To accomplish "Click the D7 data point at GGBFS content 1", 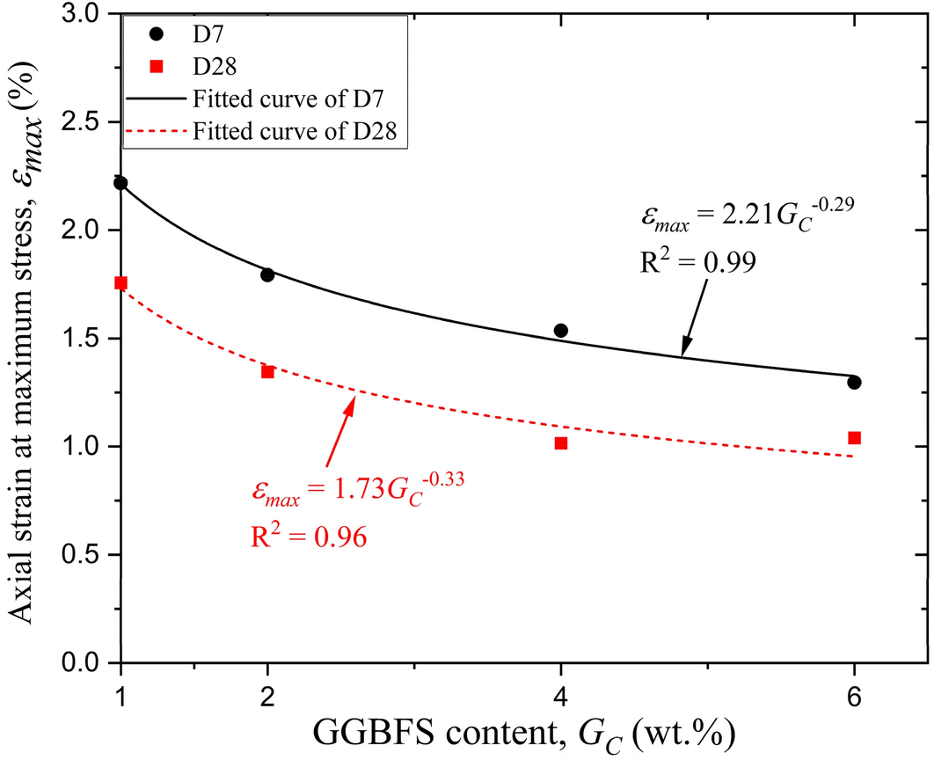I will (120, 183).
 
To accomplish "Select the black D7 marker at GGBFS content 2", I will (267, 274).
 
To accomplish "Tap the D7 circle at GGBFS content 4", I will (561, 331).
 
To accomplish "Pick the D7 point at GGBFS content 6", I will (854, 383).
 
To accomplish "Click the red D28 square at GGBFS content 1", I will (120, 283).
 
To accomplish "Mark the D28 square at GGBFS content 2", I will (267, 372).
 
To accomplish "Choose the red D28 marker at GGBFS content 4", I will (561, 443).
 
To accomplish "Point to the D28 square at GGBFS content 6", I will (854, 438).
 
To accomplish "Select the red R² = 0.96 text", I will (307, 537).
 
